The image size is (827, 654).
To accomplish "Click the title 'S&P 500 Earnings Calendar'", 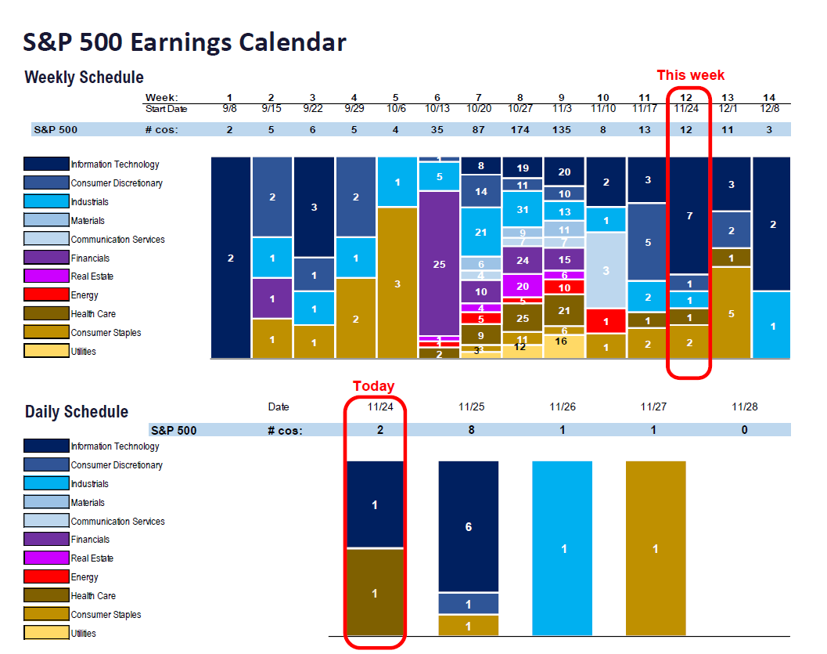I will (185, 42).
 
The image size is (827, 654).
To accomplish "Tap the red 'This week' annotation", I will (690, 75).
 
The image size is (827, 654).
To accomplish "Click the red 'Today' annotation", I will (373, 386).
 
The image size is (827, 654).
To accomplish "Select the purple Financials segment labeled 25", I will (439, 264).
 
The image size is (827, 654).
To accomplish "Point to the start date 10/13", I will (439, 108).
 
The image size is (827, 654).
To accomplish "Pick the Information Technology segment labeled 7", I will (689, 215).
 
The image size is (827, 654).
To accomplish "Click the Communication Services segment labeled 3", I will (606, 270).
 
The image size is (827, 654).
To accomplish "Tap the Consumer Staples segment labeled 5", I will (731, 313).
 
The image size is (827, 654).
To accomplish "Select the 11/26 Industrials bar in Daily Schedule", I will (562, 548).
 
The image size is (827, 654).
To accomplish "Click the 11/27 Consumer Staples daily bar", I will (656, 548).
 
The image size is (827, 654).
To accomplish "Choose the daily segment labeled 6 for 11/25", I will (468, 526).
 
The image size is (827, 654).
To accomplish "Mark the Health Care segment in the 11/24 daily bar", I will (374, 593).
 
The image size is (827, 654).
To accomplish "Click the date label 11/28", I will (744, 407).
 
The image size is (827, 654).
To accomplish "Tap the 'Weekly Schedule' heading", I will (84, 78).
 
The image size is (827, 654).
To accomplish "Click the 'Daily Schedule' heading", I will (76, 412).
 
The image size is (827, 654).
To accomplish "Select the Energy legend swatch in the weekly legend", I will (46, 295).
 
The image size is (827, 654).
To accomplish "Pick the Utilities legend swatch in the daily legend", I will (46, 633).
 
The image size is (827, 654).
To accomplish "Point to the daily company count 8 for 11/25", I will (471, 430).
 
